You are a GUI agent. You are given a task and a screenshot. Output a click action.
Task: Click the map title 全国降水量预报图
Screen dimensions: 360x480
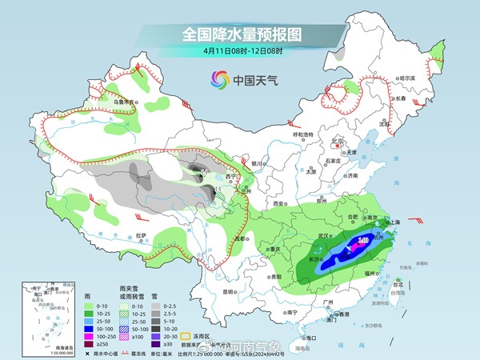(241, 34)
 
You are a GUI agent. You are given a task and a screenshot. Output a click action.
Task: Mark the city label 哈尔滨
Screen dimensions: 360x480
(408, 78)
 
